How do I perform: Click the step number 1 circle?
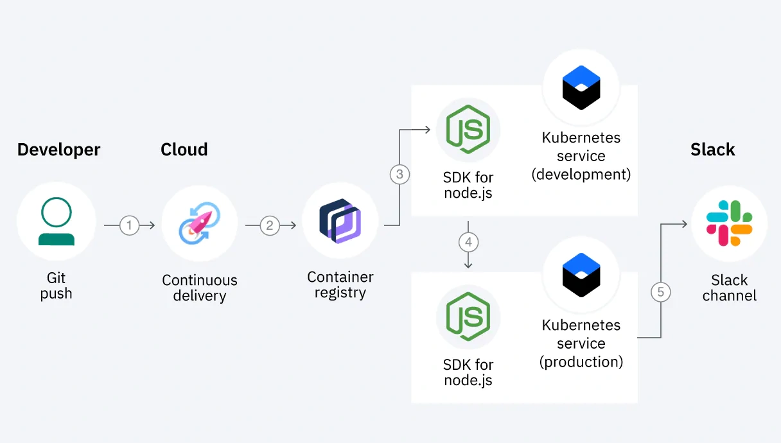[x=129, y=225]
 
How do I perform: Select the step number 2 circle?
[x=270, y=225]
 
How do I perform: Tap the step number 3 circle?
[x=399, y=175]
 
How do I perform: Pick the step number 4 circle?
[x=468, y=242]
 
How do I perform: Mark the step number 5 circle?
[x=660, y=292]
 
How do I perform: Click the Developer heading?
[x=58, y=150]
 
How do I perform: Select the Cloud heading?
[x=184, y=150]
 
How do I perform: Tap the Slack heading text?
[x=712, y=150]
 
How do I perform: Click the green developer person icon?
[x=57, y=221]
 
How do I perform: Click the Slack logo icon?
[x=729, y=223]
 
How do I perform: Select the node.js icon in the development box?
[x=468, y=129]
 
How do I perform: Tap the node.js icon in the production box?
[x=468, y=317]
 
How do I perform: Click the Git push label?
[x=56, y=286]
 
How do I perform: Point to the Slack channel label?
[x=729, y=288]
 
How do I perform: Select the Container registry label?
[x=340, y=285]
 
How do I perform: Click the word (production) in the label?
[x=581, y=362]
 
